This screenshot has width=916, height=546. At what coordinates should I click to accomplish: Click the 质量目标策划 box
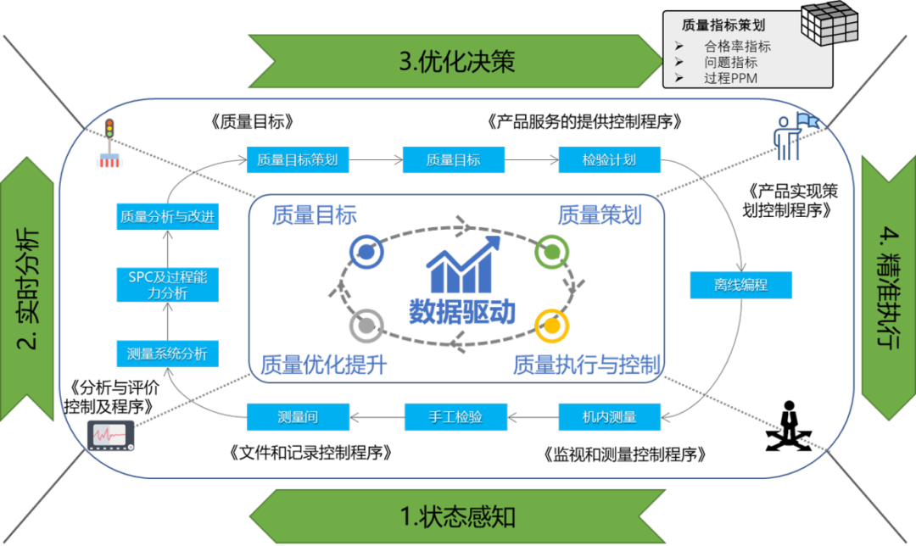point(297,159)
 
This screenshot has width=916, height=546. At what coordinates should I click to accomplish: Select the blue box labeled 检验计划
point(609,159)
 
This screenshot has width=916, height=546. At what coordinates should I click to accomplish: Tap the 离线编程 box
point(740,285)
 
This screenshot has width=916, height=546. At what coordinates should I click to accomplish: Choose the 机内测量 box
point(609,416)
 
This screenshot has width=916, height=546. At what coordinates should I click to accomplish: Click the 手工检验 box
point(455,416)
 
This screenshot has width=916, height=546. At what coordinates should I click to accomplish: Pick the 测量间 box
point(297,416)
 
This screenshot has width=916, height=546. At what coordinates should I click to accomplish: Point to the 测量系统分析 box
point(167,354)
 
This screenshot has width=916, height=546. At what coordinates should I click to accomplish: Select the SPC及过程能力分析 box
point(167,285)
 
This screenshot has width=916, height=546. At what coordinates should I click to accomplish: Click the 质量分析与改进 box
point(167,216)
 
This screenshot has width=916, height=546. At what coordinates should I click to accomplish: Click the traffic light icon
point(109,142)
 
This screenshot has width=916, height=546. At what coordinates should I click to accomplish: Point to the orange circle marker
point(552,324)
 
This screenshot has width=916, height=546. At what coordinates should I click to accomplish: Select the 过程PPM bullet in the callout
point(729,78)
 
